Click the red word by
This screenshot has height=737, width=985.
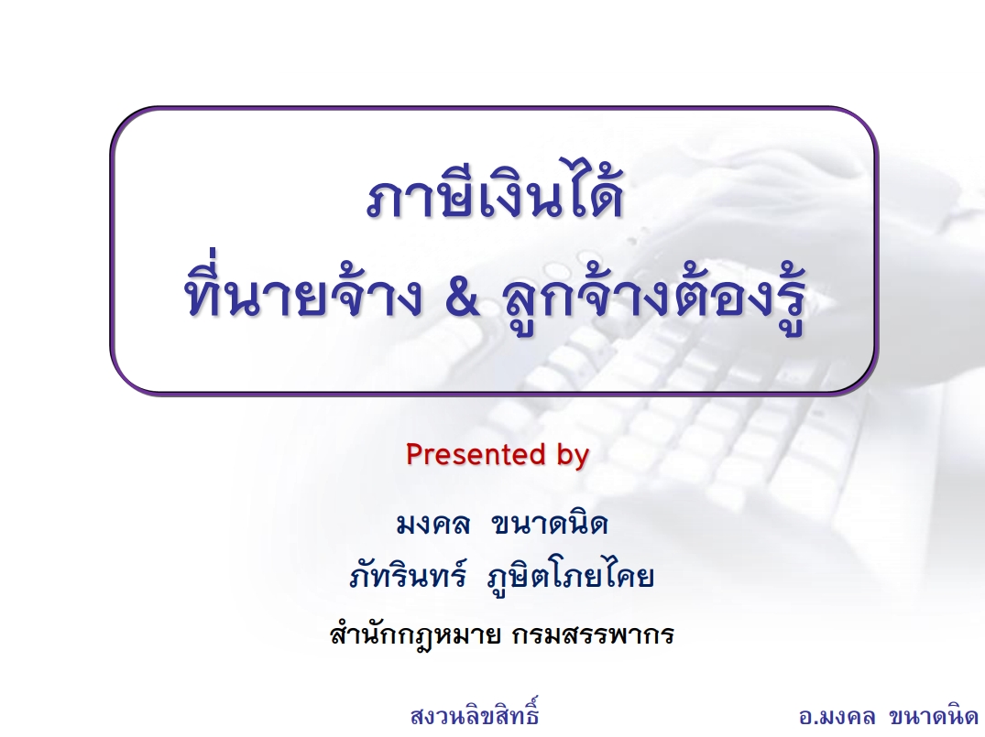click(573, 456)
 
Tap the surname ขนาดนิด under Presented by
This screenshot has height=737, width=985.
click(550, 523)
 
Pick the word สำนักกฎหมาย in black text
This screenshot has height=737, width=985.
click(415, 633)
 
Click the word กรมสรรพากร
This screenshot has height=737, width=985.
click(593, 634)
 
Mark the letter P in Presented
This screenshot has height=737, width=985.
click(413, 454)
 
